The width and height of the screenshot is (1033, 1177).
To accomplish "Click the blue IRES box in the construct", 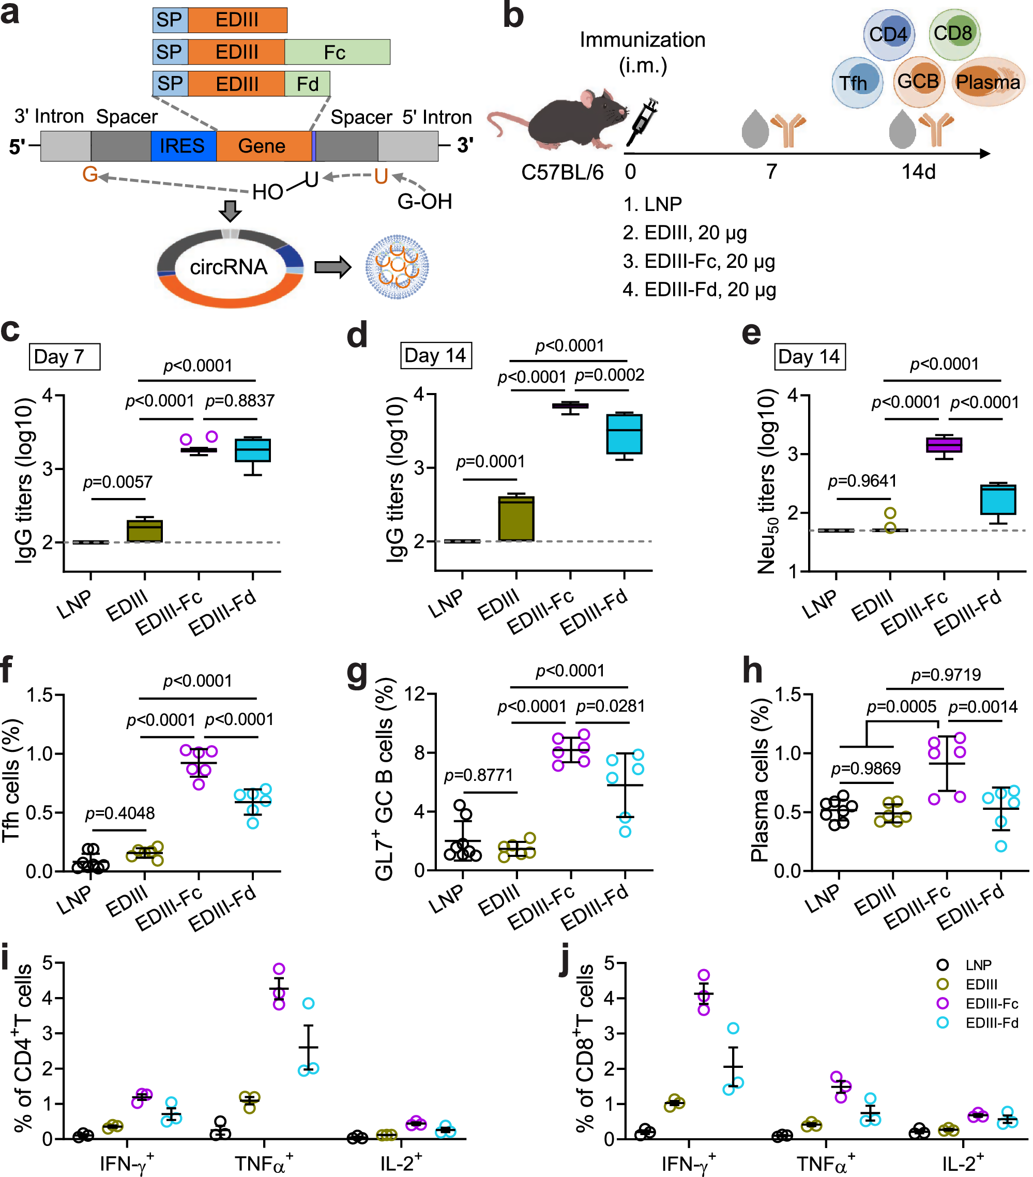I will click(183, 146).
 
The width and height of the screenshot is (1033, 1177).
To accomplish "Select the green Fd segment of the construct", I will click(307, 84).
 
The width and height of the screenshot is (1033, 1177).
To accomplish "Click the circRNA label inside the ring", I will click(229, 267).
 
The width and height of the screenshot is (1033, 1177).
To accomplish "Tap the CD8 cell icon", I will click(953, 34).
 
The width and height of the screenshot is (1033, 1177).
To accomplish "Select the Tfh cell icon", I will click(856, 82).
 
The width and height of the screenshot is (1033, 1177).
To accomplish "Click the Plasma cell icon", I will click(988, 82).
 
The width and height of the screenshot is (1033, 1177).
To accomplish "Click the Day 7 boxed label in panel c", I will click(65, 357).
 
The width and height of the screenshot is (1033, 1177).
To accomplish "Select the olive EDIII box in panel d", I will click(516, 518).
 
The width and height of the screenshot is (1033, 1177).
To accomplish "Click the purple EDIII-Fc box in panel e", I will click(944, 445).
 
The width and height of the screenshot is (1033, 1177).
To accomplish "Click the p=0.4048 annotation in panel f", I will click(120, 813).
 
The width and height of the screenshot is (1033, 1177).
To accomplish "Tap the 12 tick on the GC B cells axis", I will click(415, 694).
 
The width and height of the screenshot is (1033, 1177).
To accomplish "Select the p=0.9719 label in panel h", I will click(946, 674).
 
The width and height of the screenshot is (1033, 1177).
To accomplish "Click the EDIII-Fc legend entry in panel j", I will click(991, 1004).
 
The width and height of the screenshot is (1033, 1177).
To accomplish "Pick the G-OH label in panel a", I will click(424, 202).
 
